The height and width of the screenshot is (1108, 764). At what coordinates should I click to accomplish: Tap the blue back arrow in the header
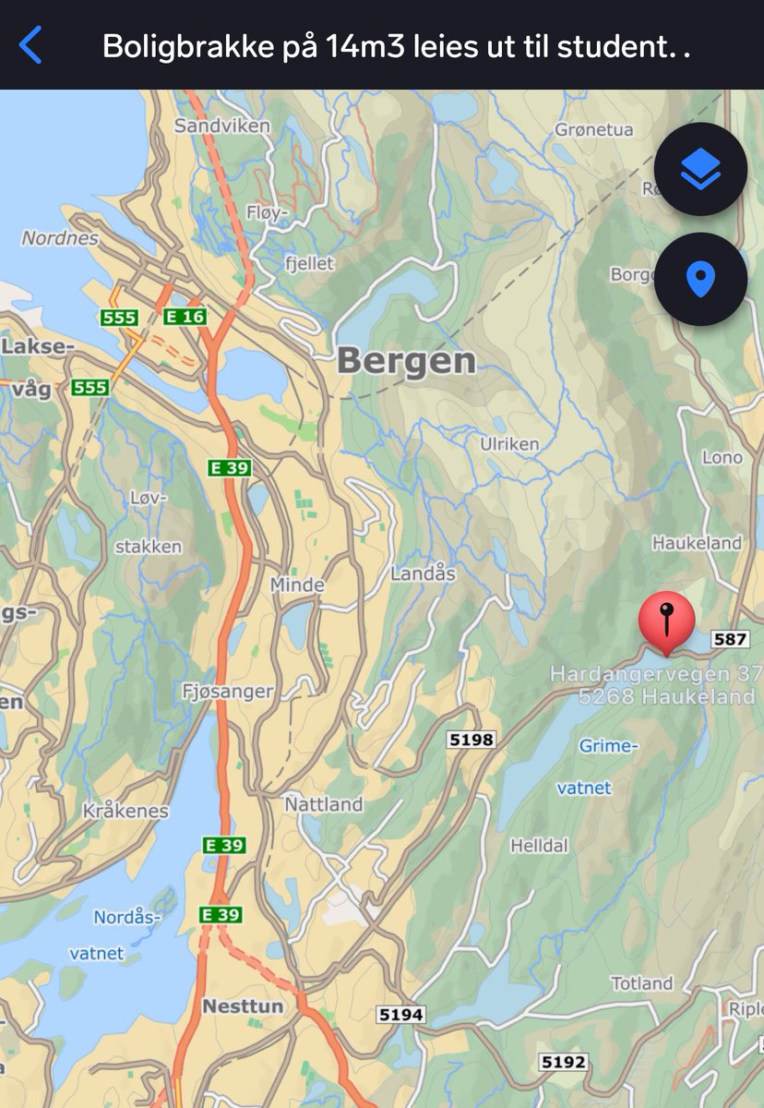[30, 44]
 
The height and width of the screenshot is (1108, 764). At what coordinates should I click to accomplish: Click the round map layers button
[700, 169]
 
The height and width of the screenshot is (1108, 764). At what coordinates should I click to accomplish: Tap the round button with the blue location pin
[700, 279]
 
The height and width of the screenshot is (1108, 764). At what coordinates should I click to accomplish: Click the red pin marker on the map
[666, 621]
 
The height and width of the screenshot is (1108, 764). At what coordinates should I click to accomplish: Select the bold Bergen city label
[406, 361]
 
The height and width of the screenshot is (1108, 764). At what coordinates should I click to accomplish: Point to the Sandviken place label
[222, 126]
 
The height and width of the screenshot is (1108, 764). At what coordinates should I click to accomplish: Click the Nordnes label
[60, 238]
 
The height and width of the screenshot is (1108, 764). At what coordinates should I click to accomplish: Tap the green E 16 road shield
[185, 317]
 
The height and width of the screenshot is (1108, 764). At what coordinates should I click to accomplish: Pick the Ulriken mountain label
[509, 444]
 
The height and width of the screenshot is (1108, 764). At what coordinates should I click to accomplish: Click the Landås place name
[424, 573]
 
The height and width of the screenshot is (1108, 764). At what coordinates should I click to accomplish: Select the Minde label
[297, 584]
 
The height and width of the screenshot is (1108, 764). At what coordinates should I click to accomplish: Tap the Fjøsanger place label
[227, 691]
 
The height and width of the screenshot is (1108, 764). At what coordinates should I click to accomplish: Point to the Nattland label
[323, 804]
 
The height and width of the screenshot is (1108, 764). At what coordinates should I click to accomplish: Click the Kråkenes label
[125, 811]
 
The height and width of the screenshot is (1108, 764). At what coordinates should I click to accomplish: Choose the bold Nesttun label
[243, 1006]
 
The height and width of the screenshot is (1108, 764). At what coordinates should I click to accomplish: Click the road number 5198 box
[471, 739]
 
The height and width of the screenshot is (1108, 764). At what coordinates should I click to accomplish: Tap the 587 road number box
[730, 639]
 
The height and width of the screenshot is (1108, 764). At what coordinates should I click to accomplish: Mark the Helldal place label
[540, 845]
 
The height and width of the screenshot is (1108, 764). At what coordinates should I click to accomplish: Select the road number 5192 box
[564, 1062]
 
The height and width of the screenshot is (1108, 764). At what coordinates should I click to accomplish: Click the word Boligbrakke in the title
[176, 45]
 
